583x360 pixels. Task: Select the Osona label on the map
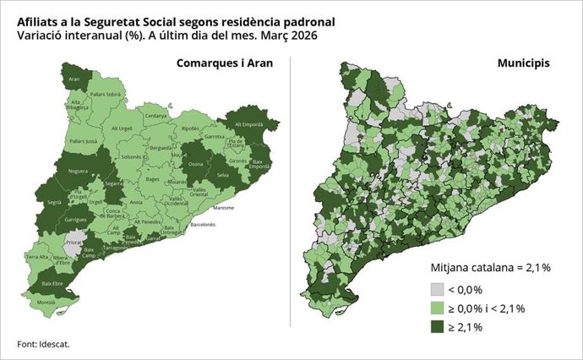195,164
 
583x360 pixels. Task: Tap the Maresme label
223,207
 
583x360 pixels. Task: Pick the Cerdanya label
155,116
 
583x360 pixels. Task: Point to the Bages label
152,179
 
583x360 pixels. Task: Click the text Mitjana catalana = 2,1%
491,268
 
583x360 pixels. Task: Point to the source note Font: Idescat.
44,344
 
